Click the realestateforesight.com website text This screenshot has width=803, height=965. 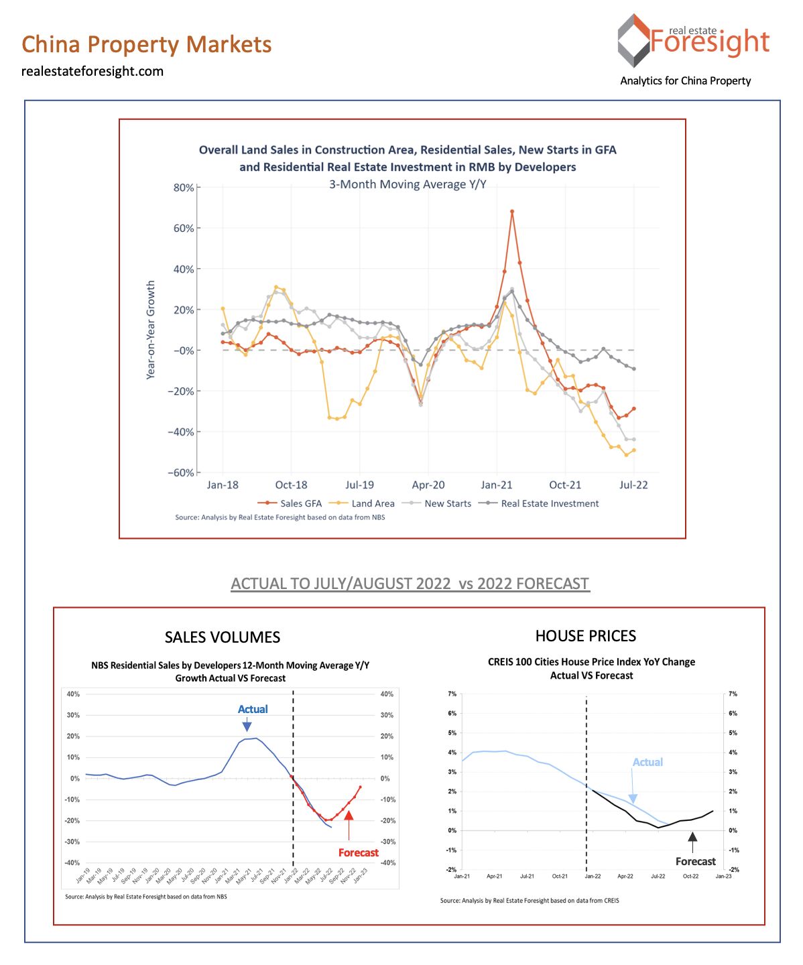tap(92, 71)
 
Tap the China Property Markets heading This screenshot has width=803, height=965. tap(146, 44)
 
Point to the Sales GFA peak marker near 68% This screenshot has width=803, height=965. tap(512, 212)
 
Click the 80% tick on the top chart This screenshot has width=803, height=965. tap(184, 188)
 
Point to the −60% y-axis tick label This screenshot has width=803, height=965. tap(180, 472)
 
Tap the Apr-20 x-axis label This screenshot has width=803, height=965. tap(428, 485)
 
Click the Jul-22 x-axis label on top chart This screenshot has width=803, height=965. tap(633, 485)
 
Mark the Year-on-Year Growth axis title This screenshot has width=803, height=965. tap(151, 330)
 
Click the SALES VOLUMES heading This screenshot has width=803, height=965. tap(223, 637)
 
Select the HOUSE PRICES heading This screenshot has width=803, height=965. tap(585, 636)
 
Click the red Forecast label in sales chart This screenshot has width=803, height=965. tap(358, 852)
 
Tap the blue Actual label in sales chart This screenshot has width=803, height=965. tap(253, 709)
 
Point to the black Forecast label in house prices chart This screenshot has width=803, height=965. tap(695, 861)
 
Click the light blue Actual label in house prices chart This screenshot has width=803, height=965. tap(647, 762)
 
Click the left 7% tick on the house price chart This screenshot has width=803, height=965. tap(452, 694)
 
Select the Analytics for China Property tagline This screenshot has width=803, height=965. tap(685, 80)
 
